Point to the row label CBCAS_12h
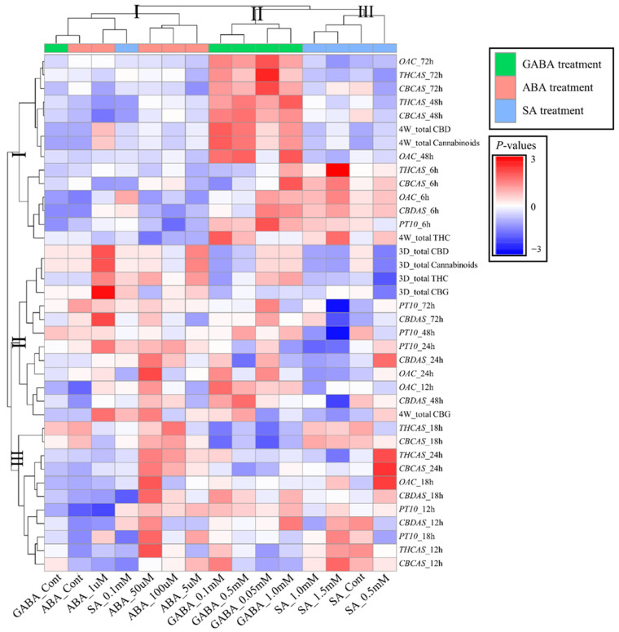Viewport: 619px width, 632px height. pos(419,563)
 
